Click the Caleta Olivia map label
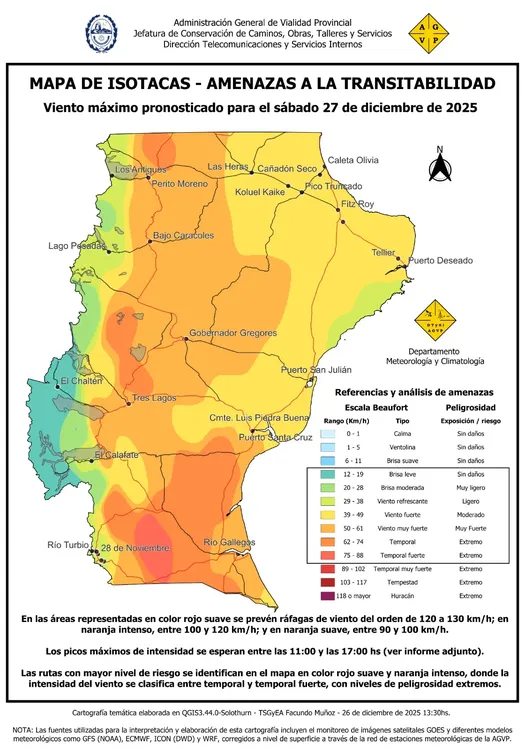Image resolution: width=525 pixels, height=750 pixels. coord(354,160)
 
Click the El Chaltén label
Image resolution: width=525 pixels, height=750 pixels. coord(81,382)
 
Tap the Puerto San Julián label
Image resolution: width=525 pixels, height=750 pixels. coord(317,370)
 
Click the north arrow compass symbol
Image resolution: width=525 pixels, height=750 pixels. coord(439,166)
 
